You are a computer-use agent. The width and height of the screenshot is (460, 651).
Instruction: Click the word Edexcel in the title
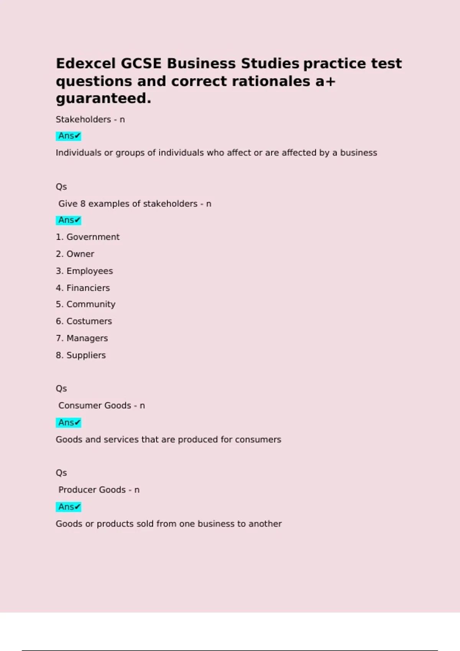(85, 64)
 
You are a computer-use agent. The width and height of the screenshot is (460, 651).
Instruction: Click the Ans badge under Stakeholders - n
(69, 136)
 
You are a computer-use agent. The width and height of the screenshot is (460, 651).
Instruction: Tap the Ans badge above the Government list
(69, 220)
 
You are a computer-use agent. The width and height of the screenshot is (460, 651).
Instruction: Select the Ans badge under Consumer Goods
(69, 423)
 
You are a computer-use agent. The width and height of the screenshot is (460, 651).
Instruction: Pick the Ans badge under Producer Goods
(69, 507)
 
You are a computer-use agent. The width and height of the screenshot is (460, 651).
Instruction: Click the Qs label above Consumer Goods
(61, 389)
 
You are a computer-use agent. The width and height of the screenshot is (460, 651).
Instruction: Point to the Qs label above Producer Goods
(61, 473)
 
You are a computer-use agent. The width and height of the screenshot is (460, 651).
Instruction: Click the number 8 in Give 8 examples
(83, 204)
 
